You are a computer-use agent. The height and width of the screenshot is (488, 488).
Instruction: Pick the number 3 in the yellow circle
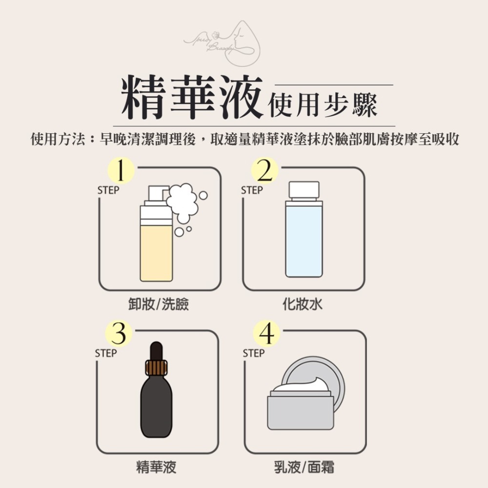coord(119,334)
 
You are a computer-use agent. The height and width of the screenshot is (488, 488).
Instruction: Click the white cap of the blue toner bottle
coord(304,190)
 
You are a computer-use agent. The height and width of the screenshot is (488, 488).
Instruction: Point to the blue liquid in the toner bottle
coord(304,242)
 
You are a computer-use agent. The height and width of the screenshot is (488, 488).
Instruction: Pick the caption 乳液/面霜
coord(304,467)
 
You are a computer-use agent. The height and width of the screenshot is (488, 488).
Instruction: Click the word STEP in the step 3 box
coord(105,353)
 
